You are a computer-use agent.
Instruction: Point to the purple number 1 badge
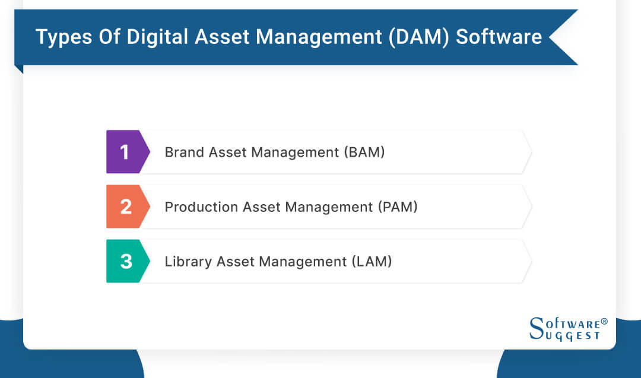tap(124, 152)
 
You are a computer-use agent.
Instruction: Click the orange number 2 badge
tap(125, 207)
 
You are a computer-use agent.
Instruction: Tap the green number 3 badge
tap(125, 261)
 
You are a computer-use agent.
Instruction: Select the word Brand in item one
tap(183, 152)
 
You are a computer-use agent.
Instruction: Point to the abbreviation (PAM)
tap(398, 207)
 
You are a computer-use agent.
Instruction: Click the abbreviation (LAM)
tap(372, 261)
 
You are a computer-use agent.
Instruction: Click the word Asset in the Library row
tap(236, 261)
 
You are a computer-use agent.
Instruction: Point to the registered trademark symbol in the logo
tap(604, 322)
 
